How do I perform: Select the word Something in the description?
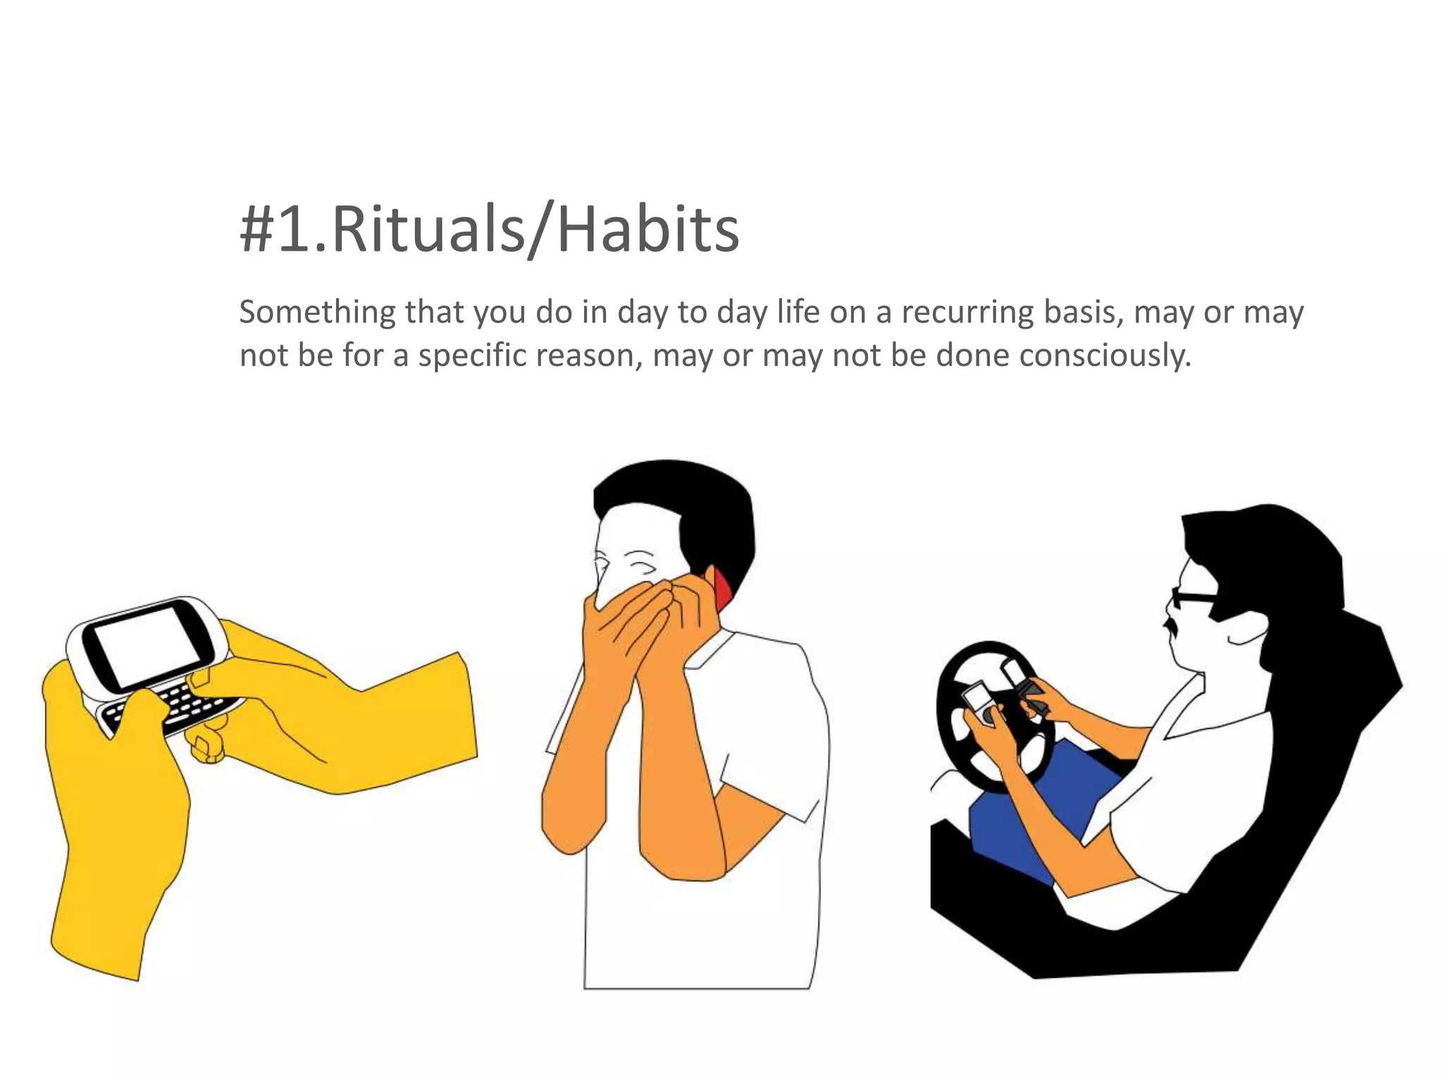(x=317, y=312)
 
